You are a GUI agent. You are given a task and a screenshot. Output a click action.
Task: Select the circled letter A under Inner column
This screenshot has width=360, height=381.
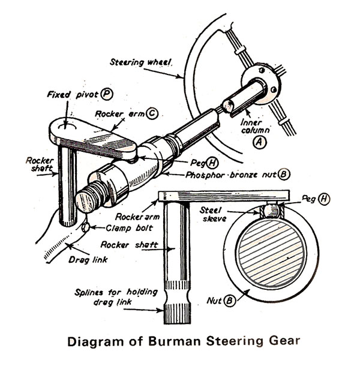click(259, 142)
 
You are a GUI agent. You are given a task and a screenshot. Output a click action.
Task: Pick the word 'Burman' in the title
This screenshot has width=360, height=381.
click(175, 343)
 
